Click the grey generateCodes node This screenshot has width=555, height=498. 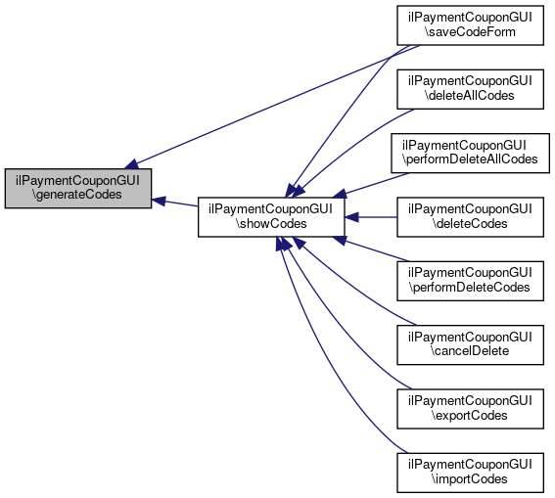(x=78, y=188)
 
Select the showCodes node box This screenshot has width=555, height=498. (x=271, y=217)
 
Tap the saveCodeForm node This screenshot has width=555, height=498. (x=470, y=25)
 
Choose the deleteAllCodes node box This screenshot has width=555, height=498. (x=470, y=89)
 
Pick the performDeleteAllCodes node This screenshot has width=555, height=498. (x=470, y=154)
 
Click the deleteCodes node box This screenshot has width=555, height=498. (x=470, y=217)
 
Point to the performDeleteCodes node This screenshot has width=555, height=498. (x=470, y=281)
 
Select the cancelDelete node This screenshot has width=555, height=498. (x=470, y=344)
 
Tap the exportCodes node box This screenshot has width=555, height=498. (x=470, y=409)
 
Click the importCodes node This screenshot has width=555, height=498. (x=470, y=473)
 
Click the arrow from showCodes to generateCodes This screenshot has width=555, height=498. (x=174, y=203)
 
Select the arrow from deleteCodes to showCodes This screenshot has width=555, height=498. (x=371, y=217)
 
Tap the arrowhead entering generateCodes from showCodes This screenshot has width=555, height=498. (x=159, y=201)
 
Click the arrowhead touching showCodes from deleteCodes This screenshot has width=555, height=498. (x=351, y=217)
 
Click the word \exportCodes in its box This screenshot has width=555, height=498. (x=469, y=415)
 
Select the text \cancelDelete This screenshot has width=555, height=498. (x=470, y=351)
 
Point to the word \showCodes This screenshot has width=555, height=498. (x=271, y=223)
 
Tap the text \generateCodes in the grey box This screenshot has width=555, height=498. (x=77, y=195)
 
